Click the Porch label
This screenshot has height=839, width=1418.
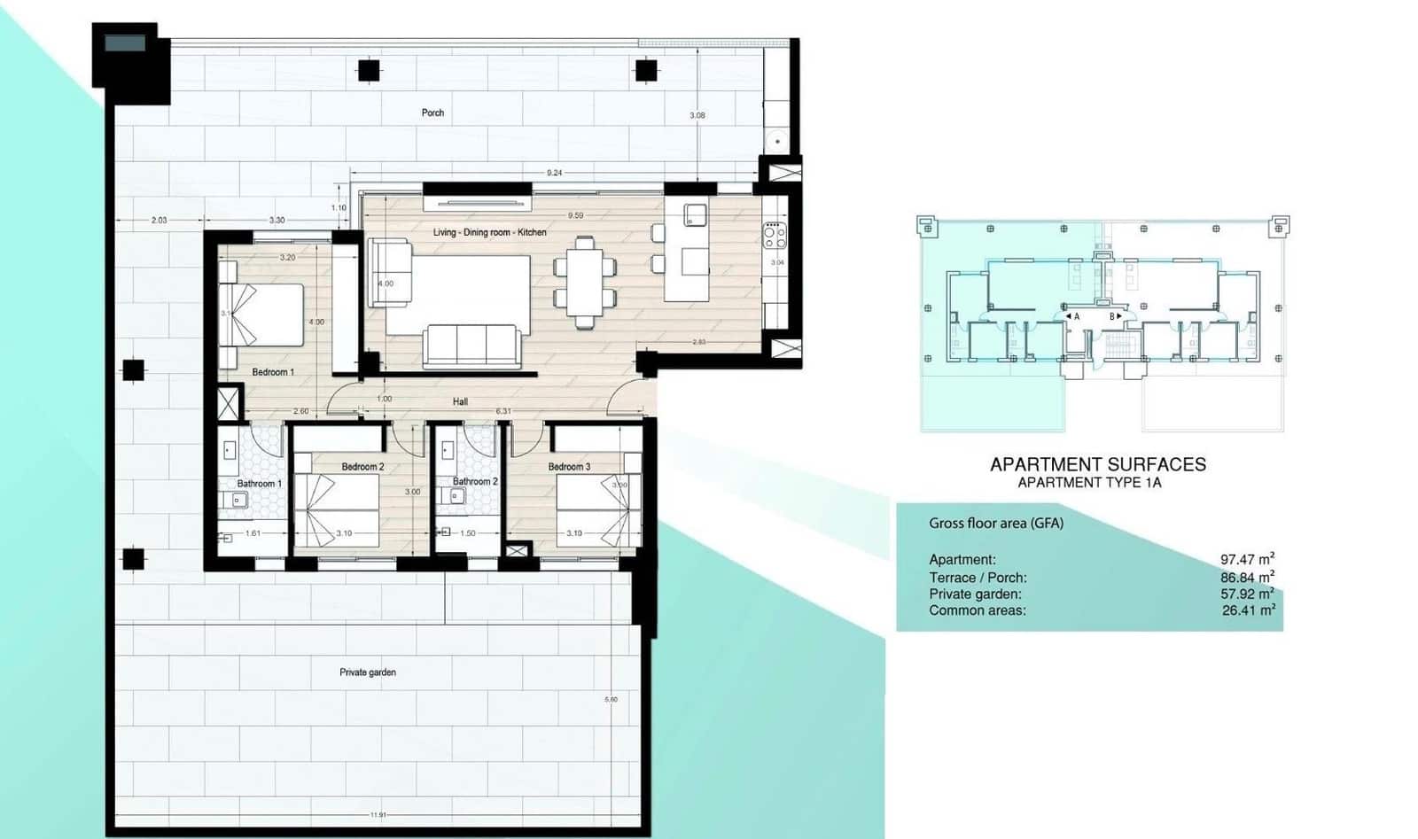tap(432, 113)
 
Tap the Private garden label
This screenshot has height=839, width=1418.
tap(368, 672)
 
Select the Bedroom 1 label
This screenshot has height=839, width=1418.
tap(273, 372)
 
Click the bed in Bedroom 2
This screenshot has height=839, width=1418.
tap(336, 509)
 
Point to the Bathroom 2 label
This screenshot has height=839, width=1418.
tap(475, 482)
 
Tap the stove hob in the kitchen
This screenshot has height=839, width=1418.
tap(775, 236)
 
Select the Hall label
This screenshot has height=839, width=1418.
tap(460, 402)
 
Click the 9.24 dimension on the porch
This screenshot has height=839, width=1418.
tap(554, 173)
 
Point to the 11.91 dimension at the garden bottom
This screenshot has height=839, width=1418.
tap(378, 815)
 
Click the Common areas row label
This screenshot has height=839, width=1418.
tap(977, 610)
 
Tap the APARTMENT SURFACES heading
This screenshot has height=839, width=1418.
tap(1097, 464)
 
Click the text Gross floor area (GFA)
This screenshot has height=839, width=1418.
tap(995, 524)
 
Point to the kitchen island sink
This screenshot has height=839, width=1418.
tap(695, 214)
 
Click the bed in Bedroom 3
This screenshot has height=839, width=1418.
tap(598, 509)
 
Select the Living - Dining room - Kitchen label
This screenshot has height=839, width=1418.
tap(489, 232)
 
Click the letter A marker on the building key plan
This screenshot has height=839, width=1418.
tap(1077, 316)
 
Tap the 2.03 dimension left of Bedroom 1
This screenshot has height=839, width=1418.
tap(159, 220)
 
